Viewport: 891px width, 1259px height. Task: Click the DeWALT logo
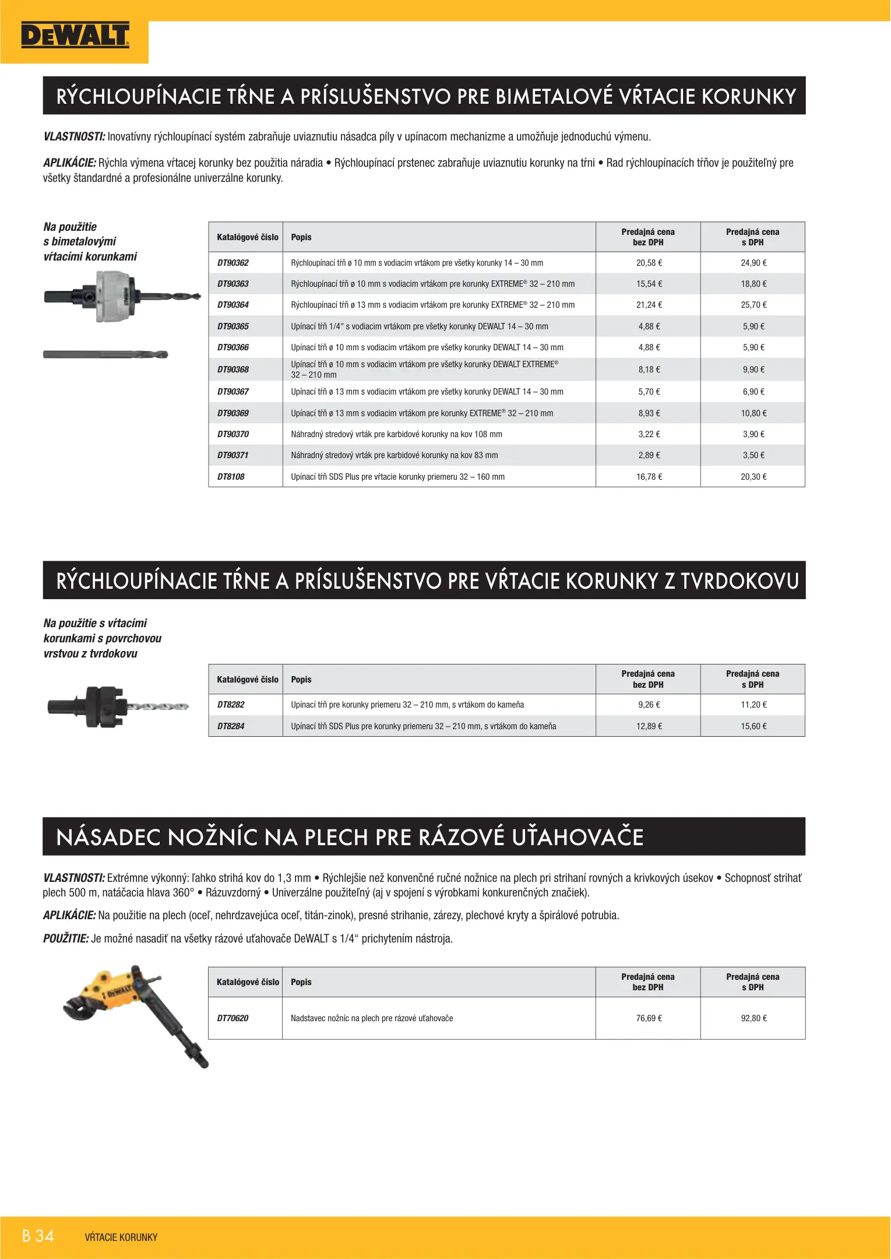pos(75,36)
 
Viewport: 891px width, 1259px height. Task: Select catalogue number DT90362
pos(233,263)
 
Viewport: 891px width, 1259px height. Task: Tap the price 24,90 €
pos(753,263)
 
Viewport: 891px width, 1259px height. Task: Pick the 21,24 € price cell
pos(649,305)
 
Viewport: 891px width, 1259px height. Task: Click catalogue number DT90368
pos(233,370)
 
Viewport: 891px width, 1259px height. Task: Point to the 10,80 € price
pos(753,413)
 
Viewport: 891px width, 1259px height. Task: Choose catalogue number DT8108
pos(231,477)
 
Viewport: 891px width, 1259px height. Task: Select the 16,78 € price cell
pos(649,477)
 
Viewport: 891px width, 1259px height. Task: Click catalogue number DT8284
pos(231,726)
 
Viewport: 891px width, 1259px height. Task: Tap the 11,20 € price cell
pos(753,705)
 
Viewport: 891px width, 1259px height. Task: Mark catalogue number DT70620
pos(233,1018)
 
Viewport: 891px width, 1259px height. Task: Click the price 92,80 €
pos(753,1018)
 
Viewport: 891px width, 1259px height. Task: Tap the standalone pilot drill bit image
pos(105,354)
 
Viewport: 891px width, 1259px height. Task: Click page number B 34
pos(38,1236)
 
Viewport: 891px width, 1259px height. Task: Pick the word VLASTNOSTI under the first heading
pos(74,137)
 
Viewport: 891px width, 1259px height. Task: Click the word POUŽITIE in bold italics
pos(66,938)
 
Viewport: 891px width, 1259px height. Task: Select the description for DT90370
pos(396,434)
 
